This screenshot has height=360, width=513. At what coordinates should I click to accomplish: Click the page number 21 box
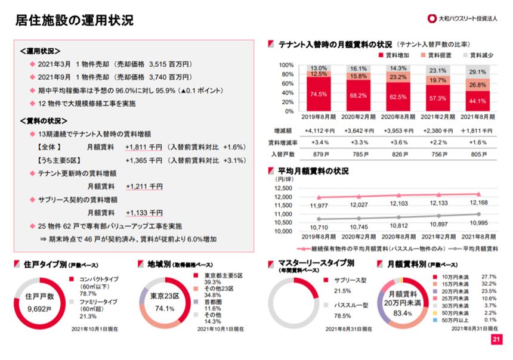pyautogui.click(x=496, y=340)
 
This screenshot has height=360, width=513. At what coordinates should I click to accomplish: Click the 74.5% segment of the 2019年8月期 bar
pyautogui.click(x=319, y=94)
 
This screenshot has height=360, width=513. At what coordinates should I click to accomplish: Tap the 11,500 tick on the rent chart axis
pyautogui.click(x=283, y=206)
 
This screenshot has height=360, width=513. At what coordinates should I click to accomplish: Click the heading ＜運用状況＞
pyautogui.click(x=40, y=51)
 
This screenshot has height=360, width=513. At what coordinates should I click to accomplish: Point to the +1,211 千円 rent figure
pyautogui.click(x=144, y=187)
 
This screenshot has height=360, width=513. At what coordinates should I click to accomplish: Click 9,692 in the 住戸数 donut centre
pyautogui.click(x=42, y=308)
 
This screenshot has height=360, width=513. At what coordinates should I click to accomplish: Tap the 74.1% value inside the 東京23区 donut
pyautogui.click(x=164, y=309)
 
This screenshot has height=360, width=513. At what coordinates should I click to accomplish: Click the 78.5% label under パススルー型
pyautogui.click(x=343, y=316)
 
